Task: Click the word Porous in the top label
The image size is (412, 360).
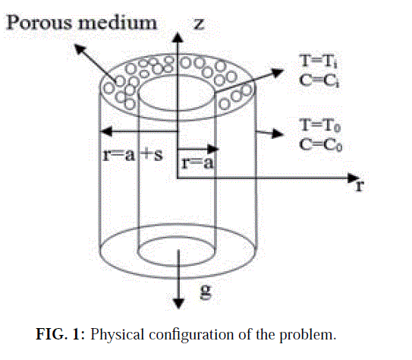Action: [x=39, y=23]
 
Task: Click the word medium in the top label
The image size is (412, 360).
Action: [x=117, y=23]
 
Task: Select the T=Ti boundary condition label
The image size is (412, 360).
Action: [x=319, y=61]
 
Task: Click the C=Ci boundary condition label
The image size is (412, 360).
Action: [x=319, y=80]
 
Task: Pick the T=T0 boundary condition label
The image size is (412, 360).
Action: [x=320, y=125]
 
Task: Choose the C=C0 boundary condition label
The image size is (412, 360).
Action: [x=321, y=144]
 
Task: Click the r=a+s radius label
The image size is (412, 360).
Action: [x=133, y=155]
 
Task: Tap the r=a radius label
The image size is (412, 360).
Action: [x=197, y=163]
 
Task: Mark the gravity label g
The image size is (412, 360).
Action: [x=206, y=292]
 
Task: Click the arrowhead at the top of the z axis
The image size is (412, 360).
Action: [x=178, y=37]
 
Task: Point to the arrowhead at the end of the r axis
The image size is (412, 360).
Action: [x=352, y=178]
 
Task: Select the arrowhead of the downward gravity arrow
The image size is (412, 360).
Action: [x=178, y=304]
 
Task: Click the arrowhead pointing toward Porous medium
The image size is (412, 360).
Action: [x=80, y=49]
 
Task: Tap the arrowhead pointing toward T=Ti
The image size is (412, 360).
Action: [x=278, y=72]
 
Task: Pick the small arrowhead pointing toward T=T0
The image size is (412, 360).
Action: [x=278, y=134]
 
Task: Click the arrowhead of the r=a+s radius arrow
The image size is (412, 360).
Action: [x=106, y=131]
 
